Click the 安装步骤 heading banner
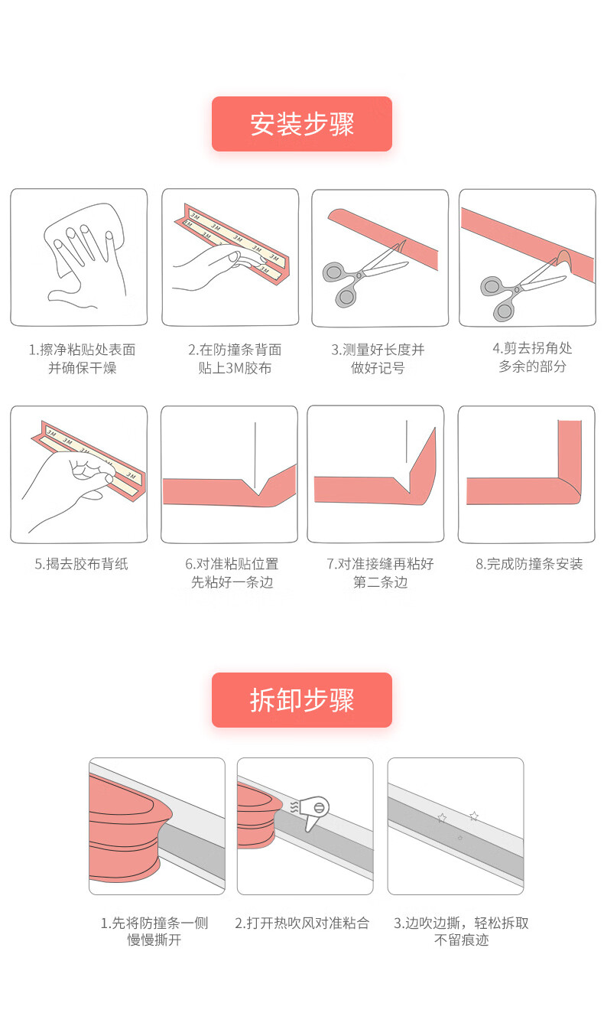302,123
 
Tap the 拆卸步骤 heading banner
302,699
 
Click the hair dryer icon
311,813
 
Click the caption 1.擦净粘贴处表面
83,350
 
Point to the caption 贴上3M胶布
235,368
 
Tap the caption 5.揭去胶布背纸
81,564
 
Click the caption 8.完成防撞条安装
529,564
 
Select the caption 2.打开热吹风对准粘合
302,923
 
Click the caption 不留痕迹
461,940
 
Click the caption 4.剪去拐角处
532,348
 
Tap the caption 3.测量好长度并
378,350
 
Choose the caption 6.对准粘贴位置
232,564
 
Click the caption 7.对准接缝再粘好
381,564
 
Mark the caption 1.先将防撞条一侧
154,923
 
